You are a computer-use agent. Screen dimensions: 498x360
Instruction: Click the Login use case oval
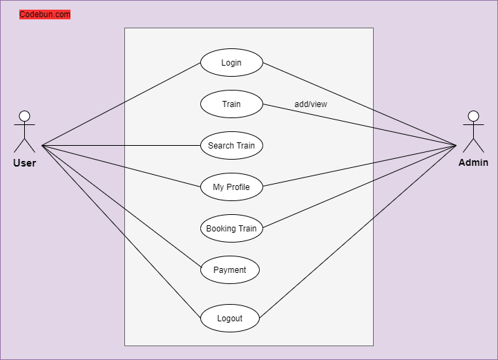(231, 63)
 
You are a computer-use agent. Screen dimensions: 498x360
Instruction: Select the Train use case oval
(231, 104)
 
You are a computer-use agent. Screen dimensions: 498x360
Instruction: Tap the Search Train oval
(231, 146)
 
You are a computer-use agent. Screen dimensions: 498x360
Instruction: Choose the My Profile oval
(231, 187)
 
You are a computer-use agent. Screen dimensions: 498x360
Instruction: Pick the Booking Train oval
(231, 229)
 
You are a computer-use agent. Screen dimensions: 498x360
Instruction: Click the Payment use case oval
(230, 269)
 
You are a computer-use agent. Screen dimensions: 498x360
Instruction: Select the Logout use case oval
(230, 318)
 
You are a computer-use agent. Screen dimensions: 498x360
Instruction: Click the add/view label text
(311, 104)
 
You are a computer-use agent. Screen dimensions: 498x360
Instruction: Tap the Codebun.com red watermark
(45, 15)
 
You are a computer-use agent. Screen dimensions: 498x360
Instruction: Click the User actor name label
(24, 163)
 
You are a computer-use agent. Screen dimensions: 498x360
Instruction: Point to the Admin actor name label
(473, 162)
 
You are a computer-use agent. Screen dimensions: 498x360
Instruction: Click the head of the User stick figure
(24, 116)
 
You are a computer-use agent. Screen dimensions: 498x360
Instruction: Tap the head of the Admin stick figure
(473, 116)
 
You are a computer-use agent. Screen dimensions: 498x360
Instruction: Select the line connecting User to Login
(121, 104)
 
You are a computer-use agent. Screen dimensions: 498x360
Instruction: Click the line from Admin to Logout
(358, 232)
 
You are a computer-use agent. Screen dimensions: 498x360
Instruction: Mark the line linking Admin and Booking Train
(360, 187)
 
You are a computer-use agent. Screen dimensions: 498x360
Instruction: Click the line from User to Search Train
(121, 146)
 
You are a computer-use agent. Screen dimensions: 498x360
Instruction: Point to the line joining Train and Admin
(360, 125)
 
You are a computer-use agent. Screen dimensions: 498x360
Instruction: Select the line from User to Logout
(121, 231)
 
